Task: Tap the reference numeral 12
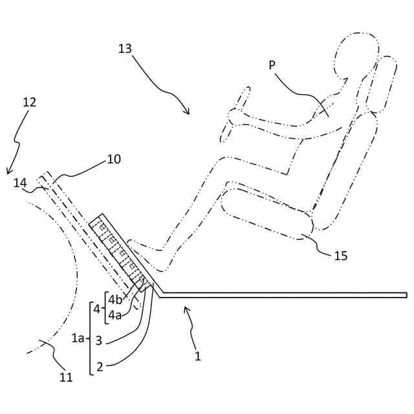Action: [x=29, y=102]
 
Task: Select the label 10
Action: [x=113, y=158]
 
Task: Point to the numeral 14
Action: [x=21, y=184]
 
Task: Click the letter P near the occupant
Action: [x=272, y=65]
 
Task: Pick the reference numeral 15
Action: [x=341, y=256]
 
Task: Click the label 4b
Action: [x=115, y=300]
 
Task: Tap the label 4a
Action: [x=115, y=315]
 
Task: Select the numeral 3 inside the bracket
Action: [x=99, y=340]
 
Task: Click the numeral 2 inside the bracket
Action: [x=100, y=367]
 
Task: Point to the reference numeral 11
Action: [x=66, y=377]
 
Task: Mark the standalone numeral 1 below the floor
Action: [x=198, y=355]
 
